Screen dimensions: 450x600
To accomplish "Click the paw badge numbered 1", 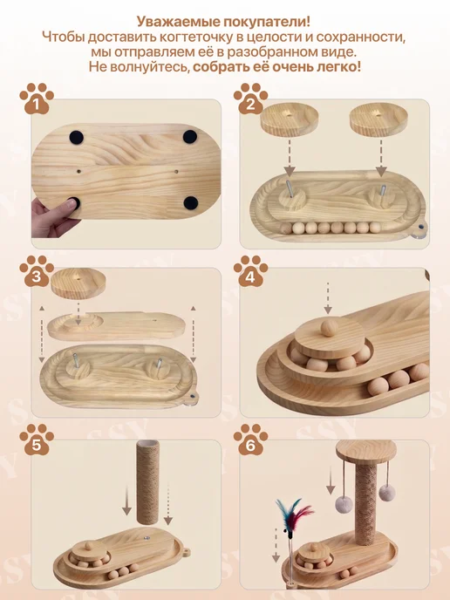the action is click(x=37, y=99).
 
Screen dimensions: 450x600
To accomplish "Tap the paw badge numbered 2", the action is click(x=250, y=99).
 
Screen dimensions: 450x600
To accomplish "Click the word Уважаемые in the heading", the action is click(x=171, y=22).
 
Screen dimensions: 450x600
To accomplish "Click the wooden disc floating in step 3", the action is click(x=78, y=283).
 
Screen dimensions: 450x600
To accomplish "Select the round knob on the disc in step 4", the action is click(x=330, y=328).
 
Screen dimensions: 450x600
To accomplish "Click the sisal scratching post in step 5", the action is click(x=147, y=483).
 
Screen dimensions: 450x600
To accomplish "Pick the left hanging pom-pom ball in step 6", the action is click(x=344, y=505).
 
